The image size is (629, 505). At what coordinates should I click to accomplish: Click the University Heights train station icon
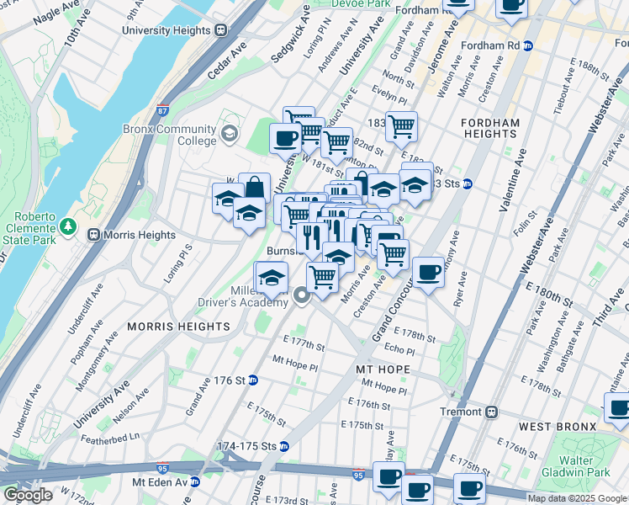(x=221, y=30)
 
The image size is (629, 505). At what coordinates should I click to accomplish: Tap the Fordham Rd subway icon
(x=529, y=45)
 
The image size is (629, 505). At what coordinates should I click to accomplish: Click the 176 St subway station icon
(x=253, y=380)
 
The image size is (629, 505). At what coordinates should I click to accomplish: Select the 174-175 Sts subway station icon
(x=284, y=446)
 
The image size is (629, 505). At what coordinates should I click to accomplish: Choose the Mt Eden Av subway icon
(x=195, y=482)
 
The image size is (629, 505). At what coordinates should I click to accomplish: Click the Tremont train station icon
(x=492, y=412)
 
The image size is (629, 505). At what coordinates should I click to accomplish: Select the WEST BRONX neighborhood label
(x=558, y=428)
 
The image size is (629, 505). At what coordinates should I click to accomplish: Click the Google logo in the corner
(x=27, y=494)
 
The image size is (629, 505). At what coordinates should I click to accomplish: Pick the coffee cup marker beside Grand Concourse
(x=429, y=272)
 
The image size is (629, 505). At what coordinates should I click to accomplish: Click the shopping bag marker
(x=253, y=188)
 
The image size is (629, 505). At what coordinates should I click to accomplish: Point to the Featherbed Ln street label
(x=110, y=438)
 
